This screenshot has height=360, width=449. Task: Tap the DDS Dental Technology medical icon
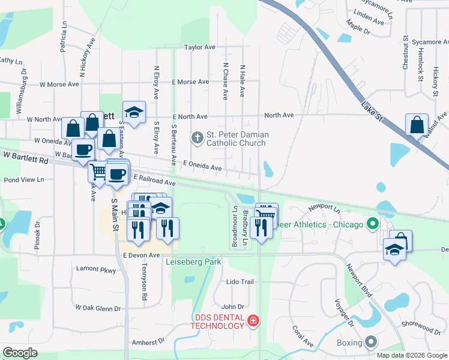coord(254,322)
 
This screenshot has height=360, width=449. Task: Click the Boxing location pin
coord(372,343)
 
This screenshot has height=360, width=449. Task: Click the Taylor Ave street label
coord(200,47)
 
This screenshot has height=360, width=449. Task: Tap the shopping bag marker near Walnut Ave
coord(417,125)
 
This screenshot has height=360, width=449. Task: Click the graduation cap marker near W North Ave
coord(134,112)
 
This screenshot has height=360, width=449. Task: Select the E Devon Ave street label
coord(142,255)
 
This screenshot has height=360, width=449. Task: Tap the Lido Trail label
coord(240,281)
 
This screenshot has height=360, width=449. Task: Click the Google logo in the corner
coord(20,353)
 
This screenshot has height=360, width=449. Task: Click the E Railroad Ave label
coord(154,180)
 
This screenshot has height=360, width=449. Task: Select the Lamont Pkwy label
coord(96,270)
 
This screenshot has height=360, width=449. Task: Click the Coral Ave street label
coord(303,337)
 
